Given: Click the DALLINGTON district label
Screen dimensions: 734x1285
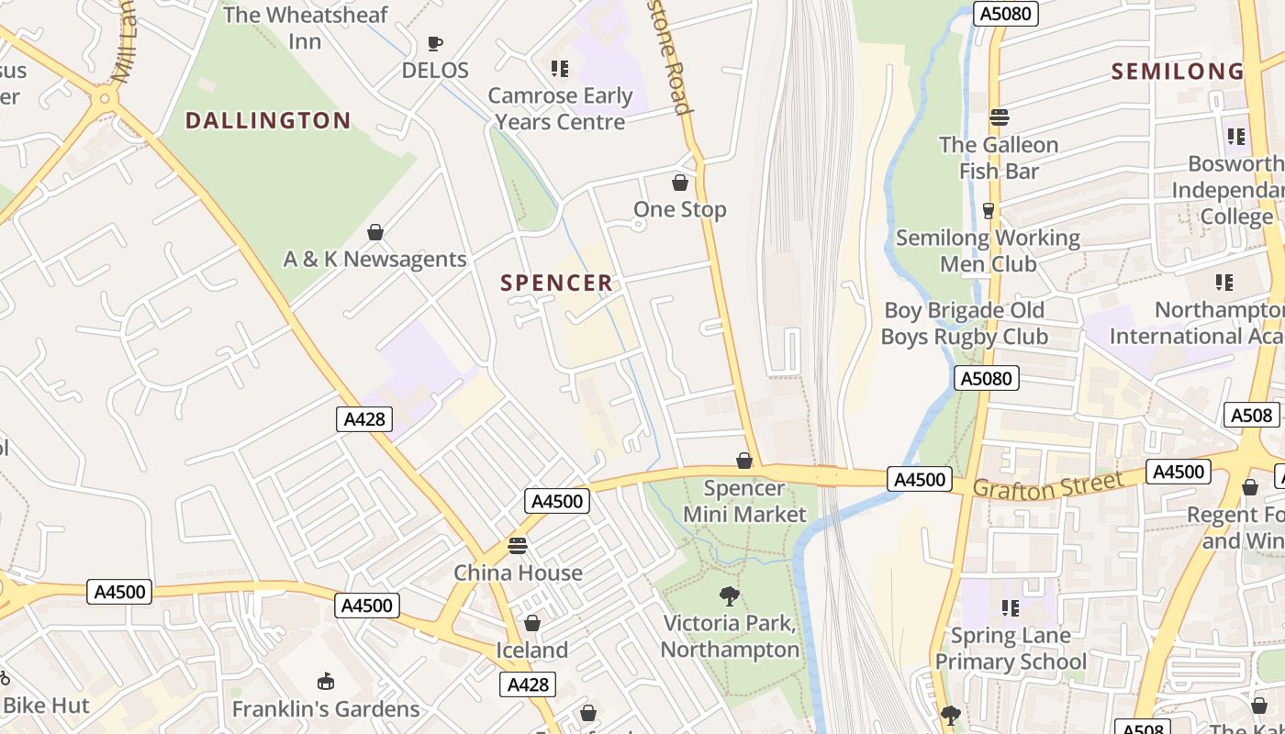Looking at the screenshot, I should coord(268,120).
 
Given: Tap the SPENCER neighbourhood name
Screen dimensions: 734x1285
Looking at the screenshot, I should coord(556,283).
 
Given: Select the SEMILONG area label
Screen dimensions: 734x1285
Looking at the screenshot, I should coord(1178,72).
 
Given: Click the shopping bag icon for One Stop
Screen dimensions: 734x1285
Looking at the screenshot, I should coord(680,183).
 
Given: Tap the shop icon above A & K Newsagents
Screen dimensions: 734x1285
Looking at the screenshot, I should coord(374,232).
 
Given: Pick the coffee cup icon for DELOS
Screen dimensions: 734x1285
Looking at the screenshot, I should coord(435,43).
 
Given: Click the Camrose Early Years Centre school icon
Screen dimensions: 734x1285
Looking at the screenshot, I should coord(560,68).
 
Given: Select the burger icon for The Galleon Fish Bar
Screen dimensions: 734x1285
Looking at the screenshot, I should coord(1000,117).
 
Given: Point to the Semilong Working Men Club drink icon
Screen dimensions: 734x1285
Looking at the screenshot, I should coord(989,211).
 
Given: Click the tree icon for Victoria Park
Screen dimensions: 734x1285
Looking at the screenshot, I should coord(730,596).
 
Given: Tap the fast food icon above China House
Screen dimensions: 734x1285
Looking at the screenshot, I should coord(518,546).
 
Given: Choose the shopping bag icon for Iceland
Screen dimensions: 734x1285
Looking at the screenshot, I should coord(532,624).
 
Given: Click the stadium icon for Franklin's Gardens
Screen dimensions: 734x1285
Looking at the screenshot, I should coord(325,682).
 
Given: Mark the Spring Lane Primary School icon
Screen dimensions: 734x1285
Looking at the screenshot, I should coord(1011,607).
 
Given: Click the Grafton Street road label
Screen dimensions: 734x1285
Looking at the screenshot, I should coord(1047,485).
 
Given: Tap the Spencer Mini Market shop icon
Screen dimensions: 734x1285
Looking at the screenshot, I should coord(744,461).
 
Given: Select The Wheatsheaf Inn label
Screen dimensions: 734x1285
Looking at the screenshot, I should coord(306,28).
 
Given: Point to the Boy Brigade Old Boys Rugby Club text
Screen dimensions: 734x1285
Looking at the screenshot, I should coord(964,324).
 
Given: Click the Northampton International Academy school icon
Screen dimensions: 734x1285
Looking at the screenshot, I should coord(1224,282).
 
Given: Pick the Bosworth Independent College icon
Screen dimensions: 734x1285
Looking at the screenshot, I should coord(1236,137).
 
